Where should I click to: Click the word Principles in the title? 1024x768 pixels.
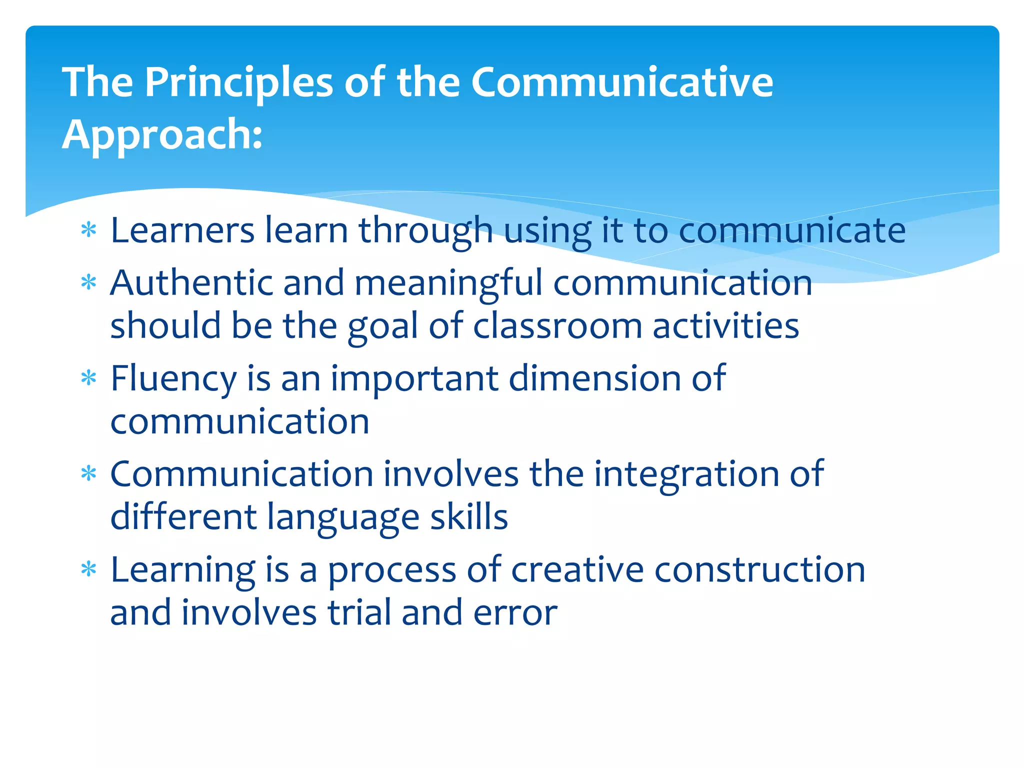(238, 82)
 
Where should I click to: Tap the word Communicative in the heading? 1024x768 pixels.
(622, 82)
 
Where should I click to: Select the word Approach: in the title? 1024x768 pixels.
(162, 135)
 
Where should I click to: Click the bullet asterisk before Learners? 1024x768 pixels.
(88, 230)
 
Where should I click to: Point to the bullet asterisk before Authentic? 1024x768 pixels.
(88, 283)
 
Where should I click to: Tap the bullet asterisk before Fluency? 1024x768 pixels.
(88, 378)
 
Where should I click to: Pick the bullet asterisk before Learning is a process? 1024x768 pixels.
(88, 569)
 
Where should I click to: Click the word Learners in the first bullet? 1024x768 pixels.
(182, 230)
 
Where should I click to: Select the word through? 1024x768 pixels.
(425, 231)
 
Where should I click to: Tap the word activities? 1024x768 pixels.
(726, 326)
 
